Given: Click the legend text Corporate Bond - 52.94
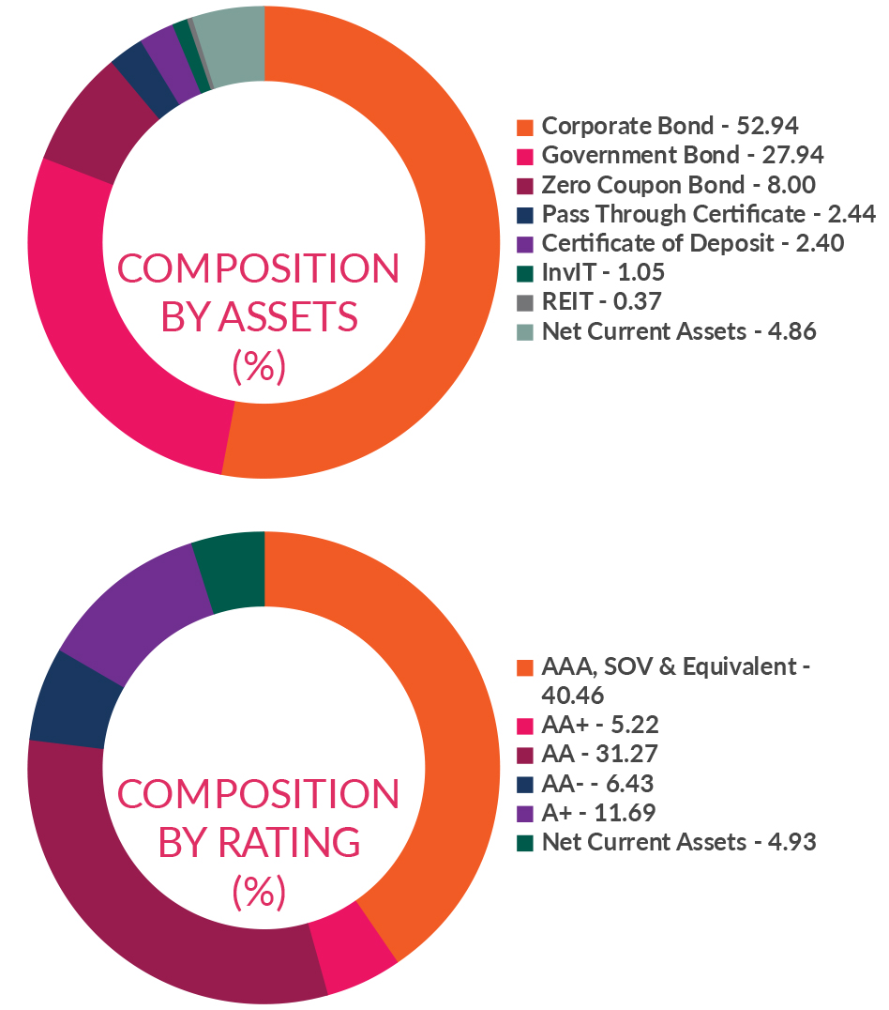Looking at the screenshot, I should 670,126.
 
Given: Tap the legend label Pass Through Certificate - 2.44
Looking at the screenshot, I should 708,214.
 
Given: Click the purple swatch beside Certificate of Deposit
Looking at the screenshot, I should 525,244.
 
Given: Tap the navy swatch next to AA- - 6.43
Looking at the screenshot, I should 525,784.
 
